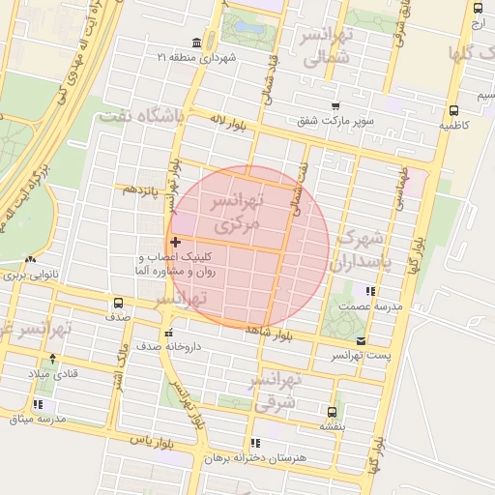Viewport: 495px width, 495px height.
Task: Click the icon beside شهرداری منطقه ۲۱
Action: [197, 44]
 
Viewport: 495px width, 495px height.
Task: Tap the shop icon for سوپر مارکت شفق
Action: [335, 106]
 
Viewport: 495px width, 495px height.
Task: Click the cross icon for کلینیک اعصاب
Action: [174, 242]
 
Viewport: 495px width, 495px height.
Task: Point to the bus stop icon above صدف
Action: [118, 302]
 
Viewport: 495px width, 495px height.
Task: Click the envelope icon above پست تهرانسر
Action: [361, 340]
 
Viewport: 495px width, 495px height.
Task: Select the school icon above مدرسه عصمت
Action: [368, 290]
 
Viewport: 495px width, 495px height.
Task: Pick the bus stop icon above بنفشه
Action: [333, 411]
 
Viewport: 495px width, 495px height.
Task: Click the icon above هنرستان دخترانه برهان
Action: [255, 443]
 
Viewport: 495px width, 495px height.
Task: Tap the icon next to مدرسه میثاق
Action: [38, 404]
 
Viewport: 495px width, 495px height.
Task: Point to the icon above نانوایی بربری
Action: [32, 259]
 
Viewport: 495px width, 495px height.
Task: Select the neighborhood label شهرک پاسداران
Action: [364, 248]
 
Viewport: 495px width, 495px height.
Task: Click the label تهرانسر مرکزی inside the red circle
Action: [237, 214]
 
